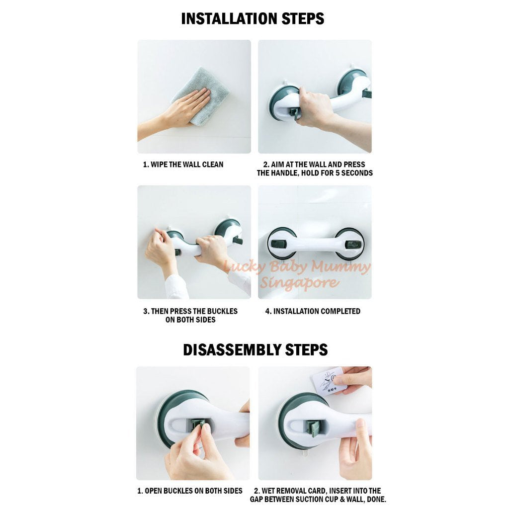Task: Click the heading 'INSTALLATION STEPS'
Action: point(253,19)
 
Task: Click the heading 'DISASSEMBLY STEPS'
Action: point(255,350)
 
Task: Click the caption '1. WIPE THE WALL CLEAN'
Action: point(183,165)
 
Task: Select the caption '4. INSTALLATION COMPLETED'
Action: point(313,311)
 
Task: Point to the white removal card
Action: point(328,381)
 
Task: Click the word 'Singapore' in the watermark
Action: point(299,282)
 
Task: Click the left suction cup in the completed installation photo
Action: point(282,243)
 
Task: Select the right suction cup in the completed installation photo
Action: point(349,244)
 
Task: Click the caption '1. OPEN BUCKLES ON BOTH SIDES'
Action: point(190,491)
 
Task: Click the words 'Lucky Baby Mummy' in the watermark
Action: point(297,267)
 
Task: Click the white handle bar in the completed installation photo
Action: point(316,244)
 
